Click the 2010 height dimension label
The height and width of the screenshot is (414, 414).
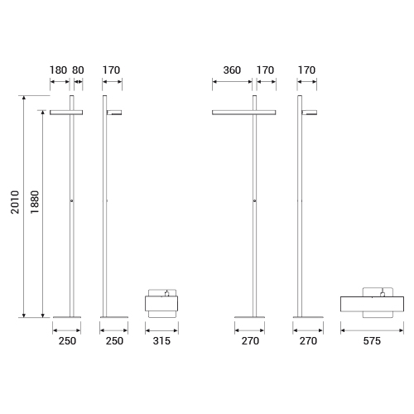[15, 202]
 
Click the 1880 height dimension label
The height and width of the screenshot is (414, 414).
[35, 202]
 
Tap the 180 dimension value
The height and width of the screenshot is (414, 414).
[58, 70]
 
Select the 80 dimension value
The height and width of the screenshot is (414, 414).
[78, 70]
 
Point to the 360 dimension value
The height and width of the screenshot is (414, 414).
[232, 70]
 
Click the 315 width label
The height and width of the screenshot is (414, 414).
[161, 341]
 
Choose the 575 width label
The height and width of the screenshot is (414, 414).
[372, 341]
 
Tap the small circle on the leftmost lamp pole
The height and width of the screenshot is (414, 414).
[72, 200]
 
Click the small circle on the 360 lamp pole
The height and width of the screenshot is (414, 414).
[254, 200]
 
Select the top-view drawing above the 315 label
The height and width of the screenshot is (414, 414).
[161, 303]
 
